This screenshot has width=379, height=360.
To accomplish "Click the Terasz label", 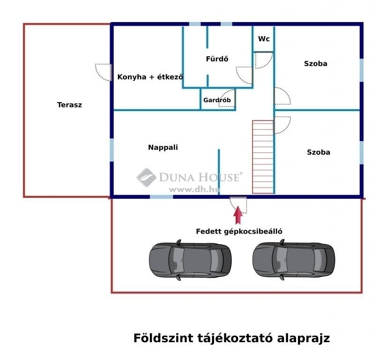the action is pos(69,105).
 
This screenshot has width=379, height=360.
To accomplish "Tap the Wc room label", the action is pos(264,39).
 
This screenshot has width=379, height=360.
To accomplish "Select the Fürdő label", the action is pos(217,59).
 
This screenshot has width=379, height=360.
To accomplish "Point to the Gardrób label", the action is pos(217,100).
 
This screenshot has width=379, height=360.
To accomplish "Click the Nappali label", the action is pos(163,148).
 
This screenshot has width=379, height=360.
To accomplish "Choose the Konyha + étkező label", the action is pos(150,77).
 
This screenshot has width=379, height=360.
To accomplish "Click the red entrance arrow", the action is pos(238,215).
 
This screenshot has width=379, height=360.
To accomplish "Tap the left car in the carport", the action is pos(190,260).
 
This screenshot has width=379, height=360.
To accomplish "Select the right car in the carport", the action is pos(294,260).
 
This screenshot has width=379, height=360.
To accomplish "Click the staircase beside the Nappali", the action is pos(263,157).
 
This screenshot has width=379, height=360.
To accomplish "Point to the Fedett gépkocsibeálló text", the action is pos(239,232).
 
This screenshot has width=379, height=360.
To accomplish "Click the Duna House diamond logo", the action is pos(146,178).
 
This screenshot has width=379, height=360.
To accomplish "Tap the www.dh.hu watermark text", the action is pos(194,190).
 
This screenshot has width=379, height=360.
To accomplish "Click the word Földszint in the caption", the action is pos(163,338).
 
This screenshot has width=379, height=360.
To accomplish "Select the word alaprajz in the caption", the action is pos(304,339).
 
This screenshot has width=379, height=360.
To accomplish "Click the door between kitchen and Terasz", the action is pos(104,72).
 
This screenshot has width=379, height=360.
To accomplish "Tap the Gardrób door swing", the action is pos(226,98).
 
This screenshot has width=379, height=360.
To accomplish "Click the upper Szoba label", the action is pos(315,64).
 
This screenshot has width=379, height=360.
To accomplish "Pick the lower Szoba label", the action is pos(318,152).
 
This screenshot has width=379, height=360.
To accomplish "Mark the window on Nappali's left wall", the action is pos(111,150).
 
